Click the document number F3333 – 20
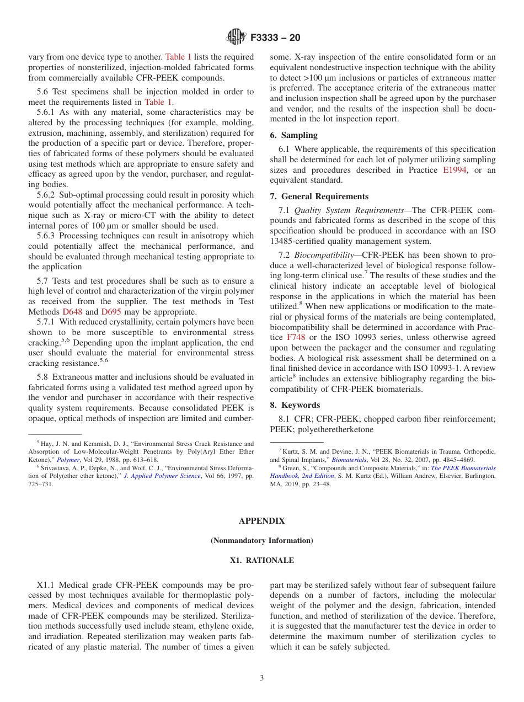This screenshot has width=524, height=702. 275,38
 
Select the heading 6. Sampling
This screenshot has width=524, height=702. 293,135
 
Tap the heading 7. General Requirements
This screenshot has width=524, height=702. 319,196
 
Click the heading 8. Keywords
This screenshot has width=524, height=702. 295,405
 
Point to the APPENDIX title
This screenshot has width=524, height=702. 262,521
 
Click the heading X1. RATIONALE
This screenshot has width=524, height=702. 262,560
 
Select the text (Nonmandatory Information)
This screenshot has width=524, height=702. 262,541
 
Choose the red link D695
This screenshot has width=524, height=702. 112,311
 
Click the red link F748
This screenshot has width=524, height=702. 296,337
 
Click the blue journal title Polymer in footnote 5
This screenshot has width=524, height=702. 68,460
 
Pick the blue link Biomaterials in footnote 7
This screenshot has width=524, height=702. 349,460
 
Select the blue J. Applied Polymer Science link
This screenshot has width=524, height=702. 162,476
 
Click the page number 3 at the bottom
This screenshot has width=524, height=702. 262,678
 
